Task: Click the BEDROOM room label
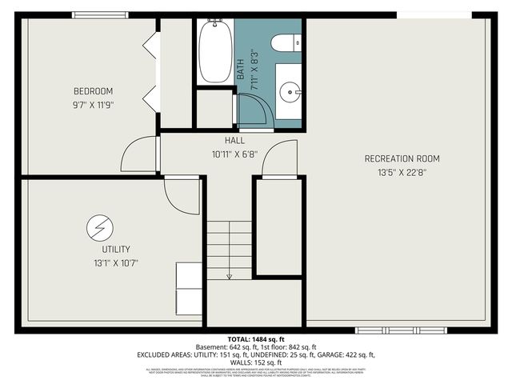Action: click(x=94, y=90)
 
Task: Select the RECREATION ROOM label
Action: click(x=402, y=158)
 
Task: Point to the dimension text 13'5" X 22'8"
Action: click(x=402, y=171)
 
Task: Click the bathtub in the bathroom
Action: click(x=215, y=52)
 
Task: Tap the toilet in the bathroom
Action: click(x=285, y=42)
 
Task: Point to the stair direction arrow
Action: click(x=230, y=276)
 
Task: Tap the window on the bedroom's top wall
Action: click(x=97, y=14)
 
